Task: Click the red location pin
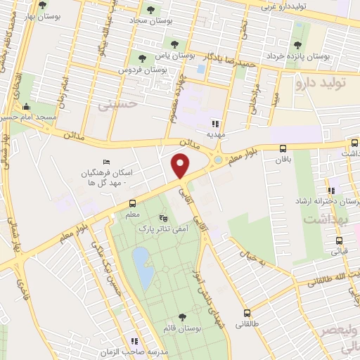click(x=181, y=166)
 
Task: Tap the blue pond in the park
click(x=143, y=268)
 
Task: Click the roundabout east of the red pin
click(x=218, y=160)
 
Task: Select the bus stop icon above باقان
click(x=283, y=148)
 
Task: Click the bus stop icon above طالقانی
click(x=247, y=314)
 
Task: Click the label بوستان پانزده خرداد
click(x=298, y=55)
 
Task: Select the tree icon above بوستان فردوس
click(x=143, y=58)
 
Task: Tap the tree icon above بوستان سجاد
click(x=150, y=10)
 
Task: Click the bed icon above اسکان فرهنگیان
click(x=107, y=162)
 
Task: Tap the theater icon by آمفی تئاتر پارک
click(x=164, y=218)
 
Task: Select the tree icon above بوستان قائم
click(x=183, y=317)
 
